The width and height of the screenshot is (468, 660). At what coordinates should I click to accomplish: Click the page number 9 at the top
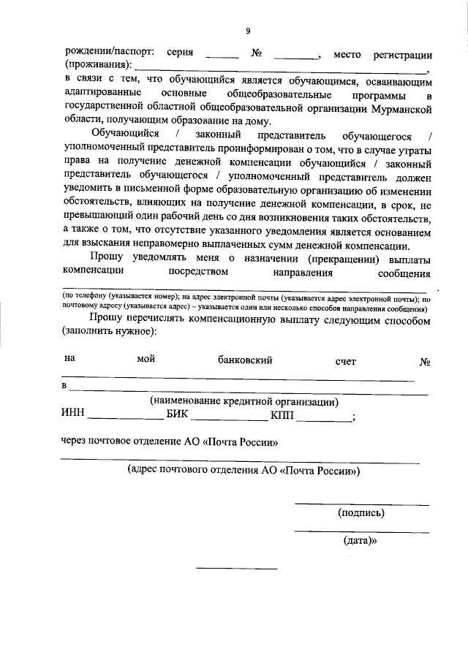(248, 30)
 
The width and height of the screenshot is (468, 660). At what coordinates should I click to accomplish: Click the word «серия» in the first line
(180, 54)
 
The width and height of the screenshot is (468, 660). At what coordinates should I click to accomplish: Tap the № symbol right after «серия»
(257, 54)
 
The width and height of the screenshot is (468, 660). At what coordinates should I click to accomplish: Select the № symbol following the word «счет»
(424, 361)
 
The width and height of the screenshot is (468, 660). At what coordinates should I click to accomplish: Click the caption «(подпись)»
(361, 513)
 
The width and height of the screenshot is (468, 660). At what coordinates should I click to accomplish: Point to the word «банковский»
(245, 360)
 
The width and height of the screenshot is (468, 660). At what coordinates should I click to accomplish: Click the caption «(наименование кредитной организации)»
(244, 401)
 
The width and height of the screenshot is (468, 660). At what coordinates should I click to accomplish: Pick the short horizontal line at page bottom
(238, 568)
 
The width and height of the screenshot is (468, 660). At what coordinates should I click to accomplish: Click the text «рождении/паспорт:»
(110, 54)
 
